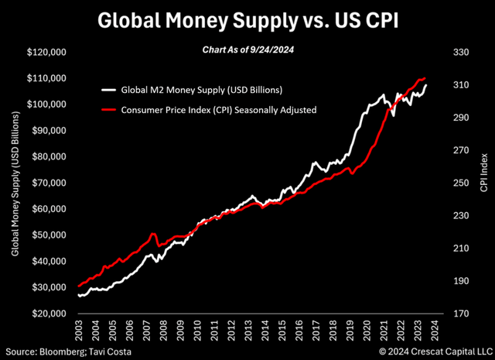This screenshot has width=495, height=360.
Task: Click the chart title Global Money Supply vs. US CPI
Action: coord(247,21)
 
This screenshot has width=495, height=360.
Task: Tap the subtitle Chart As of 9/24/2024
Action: coord(247,52)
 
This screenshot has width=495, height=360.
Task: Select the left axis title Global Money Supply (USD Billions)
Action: coord(15,183)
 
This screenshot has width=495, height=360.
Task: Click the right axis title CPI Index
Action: coord(483,183)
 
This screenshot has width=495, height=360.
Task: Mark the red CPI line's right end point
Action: coord(425,78)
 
